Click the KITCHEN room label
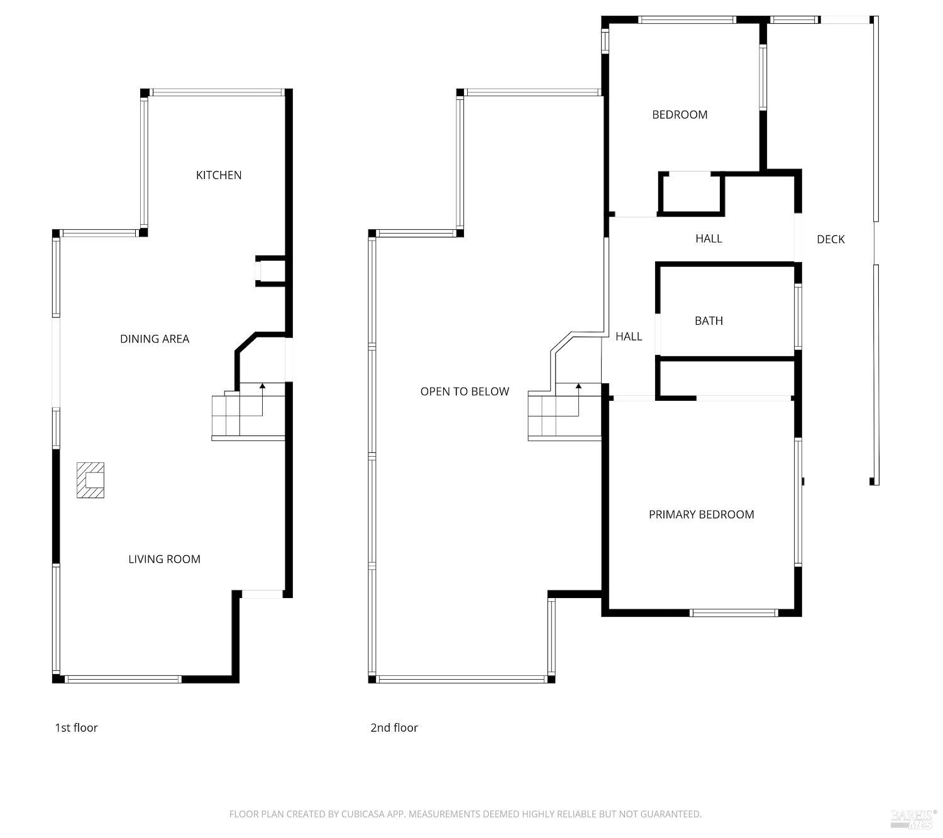(219, 175)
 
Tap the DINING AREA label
(155, 339)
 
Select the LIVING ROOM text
(164, 559)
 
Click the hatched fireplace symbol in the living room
(91, 481)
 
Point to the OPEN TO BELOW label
(465, 392)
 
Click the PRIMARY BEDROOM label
(701, 514)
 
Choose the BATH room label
(709, 321)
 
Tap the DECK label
(830, 239)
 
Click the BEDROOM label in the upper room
(680, 115)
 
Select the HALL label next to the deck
(709, 239)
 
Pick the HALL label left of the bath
(629, 337)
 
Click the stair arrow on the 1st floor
(262, 387)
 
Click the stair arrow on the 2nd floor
(578, 387)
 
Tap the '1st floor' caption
(76, 728)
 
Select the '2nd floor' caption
(394, 728)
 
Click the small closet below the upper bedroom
(691, 193)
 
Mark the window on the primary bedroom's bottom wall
(734, 612)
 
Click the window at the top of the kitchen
(217, 93)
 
